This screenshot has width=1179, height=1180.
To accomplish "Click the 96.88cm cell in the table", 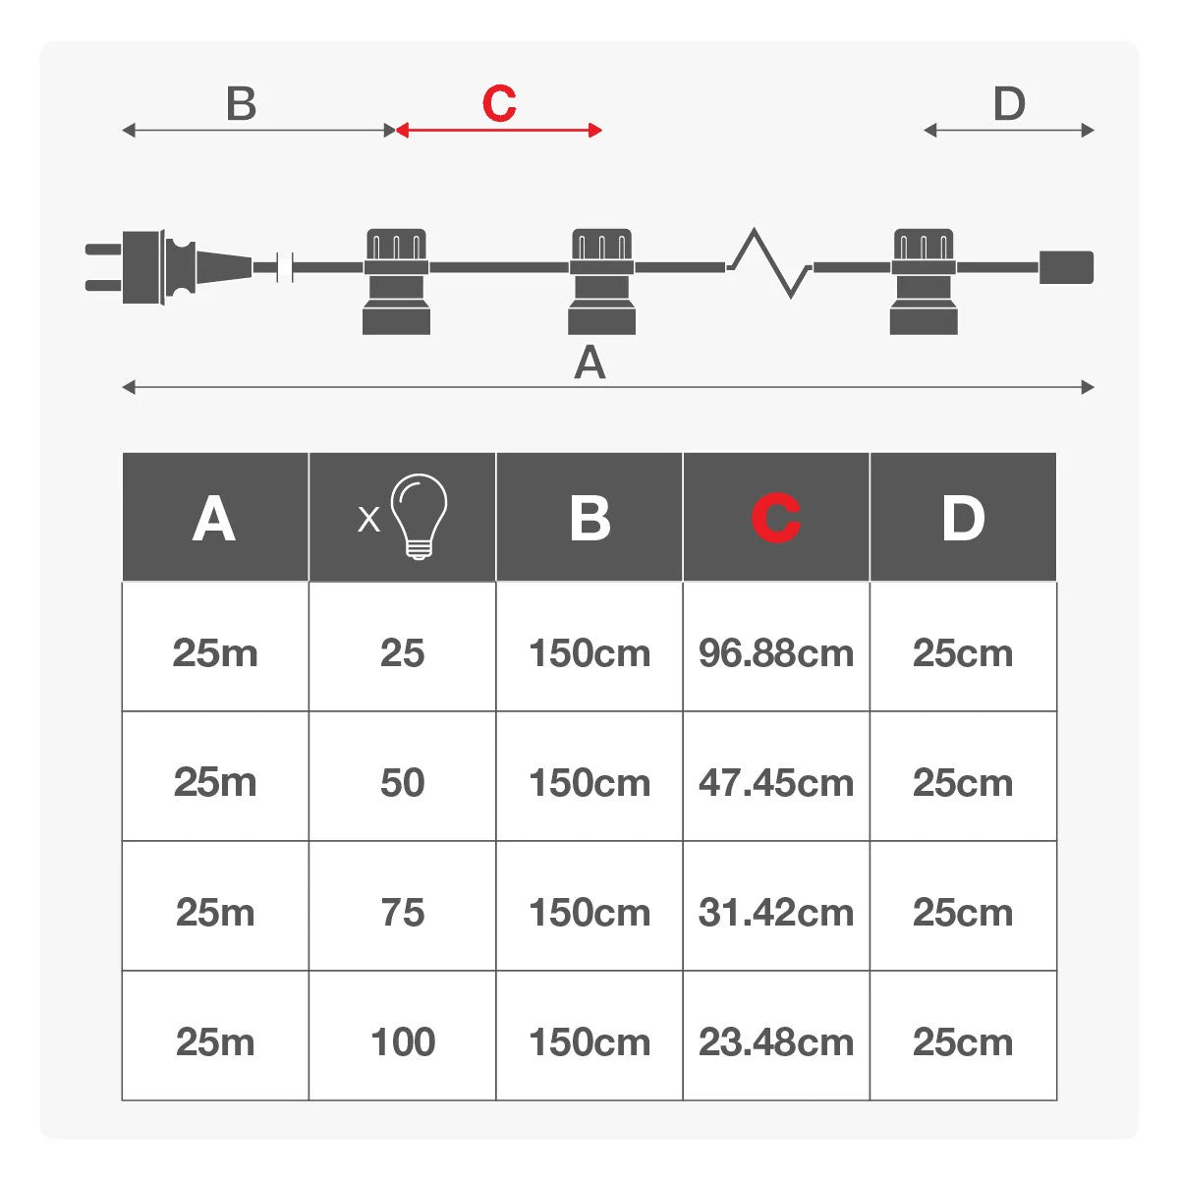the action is pos(775,653).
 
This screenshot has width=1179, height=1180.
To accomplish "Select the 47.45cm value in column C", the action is pos(775,783).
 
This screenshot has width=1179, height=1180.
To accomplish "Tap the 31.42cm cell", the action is pos(775,913).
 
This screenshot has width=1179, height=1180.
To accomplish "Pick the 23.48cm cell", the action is pos(775,1042).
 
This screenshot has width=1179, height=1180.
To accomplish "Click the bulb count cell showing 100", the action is pos(403,1042).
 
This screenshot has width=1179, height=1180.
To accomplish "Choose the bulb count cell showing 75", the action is pos(403,913).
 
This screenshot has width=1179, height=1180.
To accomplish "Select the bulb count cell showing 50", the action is pos(403,783).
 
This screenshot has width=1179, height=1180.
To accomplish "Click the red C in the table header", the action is pos(776,518).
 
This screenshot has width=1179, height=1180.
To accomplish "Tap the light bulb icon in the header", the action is pos(419,516).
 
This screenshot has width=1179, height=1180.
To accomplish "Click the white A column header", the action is pos(214,518).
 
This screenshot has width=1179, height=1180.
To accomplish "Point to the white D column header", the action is pos(963,518).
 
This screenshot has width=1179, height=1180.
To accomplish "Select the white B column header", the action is pos(589,518).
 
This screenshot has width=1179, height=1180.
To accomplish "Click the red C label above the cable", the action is pos(499,103).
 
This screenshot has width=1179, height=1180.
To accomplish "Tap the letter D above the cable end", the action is pos(1009,103).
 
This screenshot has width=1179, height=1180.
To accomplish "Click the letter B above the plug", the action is pos(241,103).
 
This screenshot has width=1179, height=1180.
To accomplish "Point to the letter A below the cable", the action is pos(589,363).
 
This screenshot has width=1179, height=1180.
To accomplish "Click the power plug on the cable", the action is pos(168,267).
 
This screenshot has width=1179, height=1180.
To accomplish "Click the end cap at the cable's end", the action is pos(1066,267).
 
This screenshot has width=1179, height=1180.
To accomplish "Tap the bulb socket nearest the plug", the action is pos(396,282).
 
